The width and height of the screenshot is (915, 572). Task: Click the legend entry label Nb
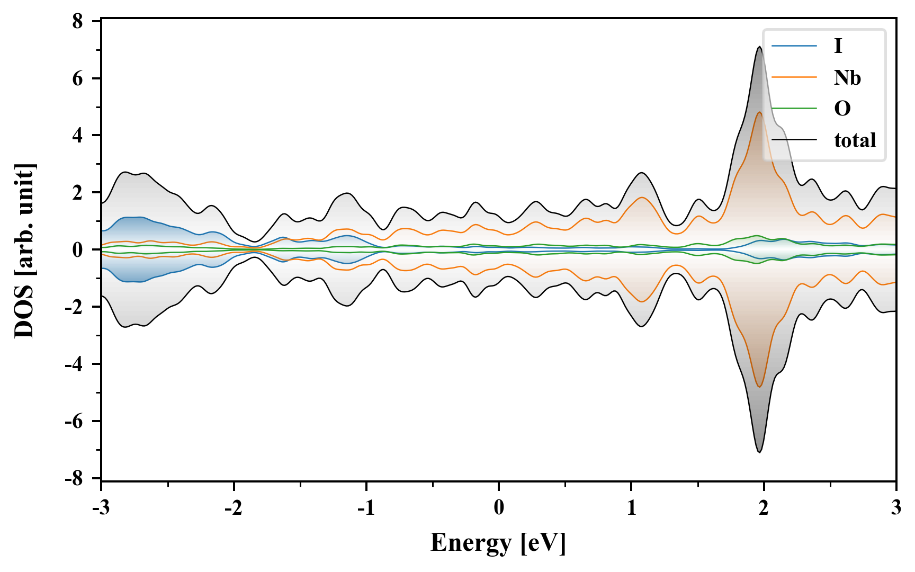847,78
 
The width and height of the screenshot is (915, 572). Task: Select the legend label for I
838,47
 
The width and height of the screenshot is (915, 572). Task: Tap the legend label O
842,109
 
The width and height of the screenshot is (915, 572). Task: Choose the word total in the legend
855,140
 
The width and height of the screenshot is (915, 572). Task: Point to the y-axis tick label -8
75,479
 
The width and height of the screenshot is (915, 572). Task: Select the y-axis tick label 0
78,250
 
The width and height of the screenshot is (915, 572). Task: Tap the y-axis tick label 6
78,78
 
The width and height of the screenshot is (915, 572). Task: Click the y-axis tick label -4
75,364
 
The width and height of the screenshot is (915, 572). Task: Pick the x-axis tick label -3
101,508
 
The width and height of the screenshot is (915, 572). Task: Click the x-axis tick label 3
896,508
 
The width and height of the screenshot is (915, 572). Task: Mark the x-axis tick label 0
499,508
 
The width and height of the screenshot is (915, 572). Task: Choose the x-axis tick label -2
233,508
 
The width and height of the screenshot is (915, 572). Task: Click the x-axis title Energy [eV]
498,543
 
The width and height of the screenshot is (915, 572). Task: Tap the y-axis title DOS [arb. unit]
24,250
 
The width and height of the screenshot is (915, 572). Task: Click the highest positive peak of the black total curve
759,47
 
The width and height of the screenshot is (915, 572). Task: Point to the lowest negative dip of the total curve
759,452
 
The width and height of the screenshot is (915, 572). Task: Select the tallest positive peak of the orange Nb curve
759,112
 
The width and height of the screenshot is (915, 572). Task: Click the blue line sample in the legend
794,47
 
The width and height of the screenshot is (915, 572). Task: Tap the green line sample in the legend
794,109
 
